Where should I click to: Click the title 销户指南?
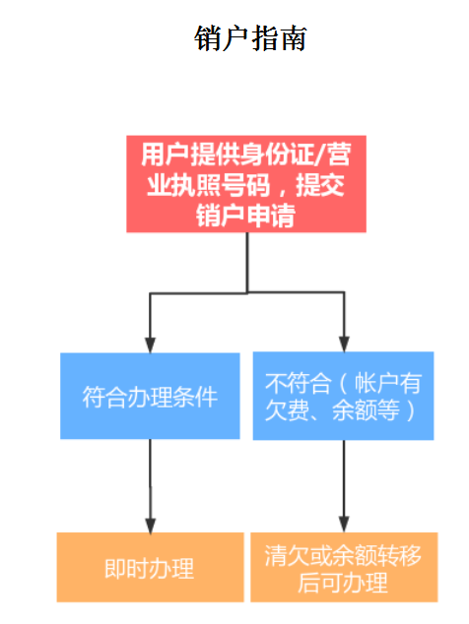click(x=250, y=38)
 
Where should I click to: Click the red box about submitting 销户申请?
click(x=246, y=183)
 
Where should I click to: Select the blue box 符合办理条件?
click(x=150, y=396)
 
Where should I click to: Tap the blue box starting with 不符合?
click(x=343, y=396)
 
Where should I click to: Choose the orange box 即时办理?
click(x=150, y=567)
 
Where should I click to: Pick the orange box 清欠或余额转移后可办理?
click(x=344, y=567)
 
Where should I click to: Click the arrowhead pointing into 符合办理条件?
click(x=150, y=345)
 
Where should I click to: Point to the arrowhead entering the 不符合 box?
click(x=344, y=344)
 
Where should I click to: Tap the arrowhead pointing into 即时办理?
click(x=150, y=526)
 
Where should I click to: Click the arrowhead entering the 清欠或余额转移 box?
click(x=344, y=525)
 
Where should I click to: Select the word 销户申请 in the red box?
click(x=245, y=216)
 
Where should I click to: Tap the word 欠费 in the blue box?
click(x=288, y=410)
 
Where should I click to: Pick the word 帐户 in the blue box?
click(x=376, y=383)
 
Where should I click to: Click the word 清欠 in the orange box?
click(x=287, y=555)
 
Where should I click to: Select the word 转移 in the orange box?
click(x=399, y=555)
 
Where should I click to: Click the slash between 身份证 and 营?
click(x=319, y=155)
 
